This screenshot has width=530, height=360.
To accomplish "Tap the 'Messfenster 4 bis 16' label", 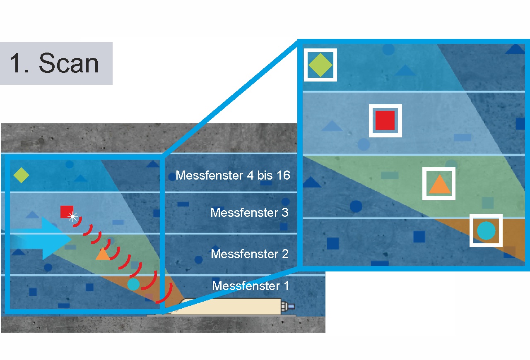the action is (233, 175).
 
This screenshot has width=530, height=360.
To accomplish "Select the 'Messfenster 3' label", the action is (249, 212).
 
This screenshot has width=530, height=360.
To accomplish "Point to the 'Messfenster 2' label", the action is (250, 254).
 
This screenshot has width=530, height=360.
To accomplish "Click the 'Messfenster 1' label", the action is (251, 286).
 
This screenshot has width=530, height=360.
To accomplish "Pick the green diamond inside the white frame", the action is (320, 65).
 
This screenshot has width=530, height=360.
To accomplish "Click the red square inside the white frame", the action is (385, 120).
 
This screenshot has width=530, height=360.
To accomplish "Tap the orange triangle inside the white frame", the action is (440, 185).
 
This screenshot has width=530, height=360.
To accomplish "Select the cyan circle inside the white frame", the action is (486, 230).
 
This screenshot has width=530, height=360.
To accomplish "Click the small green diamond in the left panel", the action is (21, 175).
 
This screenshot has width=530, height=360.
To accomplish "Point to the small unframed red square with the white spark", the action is (67, 212).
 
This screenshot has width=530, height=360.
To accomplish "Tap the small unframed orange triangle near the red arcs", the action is (103, 254).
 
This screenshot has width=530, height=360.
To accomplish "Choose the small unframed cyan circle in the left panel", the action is (133, 284).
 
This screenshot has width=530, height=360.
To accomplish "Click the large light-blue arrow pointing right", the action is (41, 239).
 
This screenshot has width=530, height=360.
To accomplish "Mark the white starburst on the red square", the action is (72, 217).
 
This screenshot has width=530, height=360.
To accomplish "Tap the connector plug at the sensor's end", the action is (288, 307).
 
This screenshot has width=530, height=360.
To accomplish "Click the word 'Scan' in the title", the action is (69, 63).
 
